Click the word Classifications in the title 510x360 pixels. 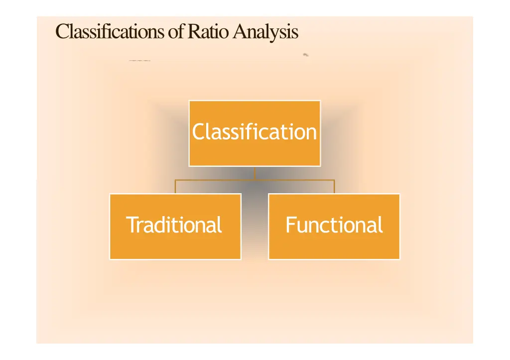click(x=111, y=32)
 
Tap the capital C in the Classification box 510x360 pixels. click(x=198, y=132)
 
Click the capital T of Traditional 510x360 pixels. click(x=130, y=225)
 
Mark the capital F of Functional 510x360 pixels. click(x=290, y=225)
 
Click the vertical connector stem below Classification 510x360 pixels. click(x=255, y=172)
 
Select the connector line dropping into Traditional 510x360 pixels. click(x=175, y=187)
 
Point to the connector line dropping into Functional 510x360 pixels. click(x=334, y=187)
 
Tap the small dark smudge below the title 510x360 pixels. click(x=306, y=55)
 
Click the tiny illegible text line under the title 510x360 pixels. click(x=139, y=61)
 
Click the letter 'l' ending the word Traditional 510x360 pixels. click(x=219, y=225)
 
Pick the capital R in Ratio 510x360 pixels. click(x=193, y=32)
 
